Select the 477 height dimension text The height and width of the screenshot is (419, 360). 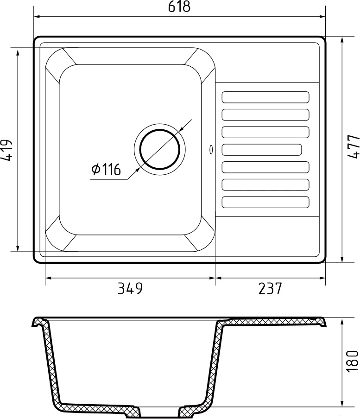pos(353,147)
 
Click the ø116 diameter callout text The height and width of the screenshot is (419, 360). pos(106,170)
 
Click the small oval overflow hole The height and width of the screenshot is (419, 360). pos(212,150)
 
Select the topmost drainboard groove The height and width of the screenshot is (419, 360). pos(265,97)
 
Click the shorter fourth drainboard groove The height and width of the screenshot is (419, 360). pos(262,150)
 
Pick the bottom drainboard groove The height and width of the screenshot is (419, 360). pos(265,203)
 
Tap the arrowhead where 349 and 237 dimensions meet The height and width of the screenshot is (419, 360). pos(215,278)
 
